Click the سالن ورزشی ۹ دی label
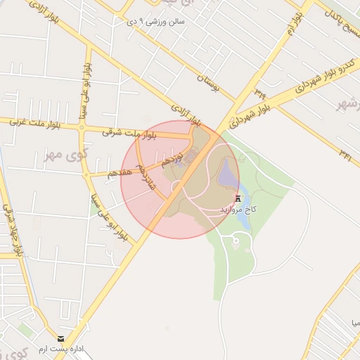tap(155, 22)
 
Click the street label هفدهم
tap(118, 171)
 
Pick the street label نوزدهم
tap(172, 157)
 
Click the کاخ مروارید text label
tap(240, 210)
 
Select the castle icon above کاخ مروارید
tap(240, 198)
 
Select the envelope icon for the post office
tap(60, 340)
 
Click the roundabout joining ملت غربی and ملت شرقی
tap(82, 128)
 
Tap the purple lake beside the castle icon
tap(228, 172)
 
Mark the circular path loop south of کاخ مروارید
tap(236, 242)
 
